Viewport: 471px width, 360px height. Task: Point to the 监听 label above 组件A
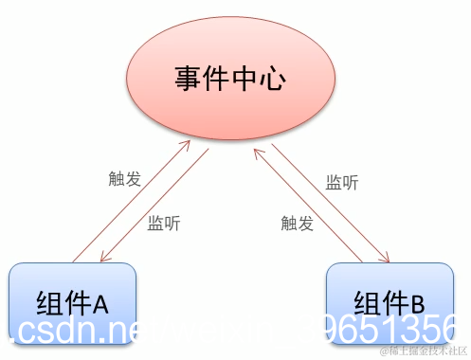tap(164, 225)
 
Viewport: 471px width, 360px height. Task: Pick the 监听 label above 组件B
tap(342, 182)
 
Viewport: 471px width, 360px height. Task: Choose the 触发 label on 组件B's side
tap(298, 225)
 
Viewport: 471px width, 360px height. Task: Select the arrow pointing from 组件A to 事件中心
tap(131, 202)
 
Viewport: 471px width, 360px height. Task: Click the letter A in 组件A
tap(101, 304)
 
